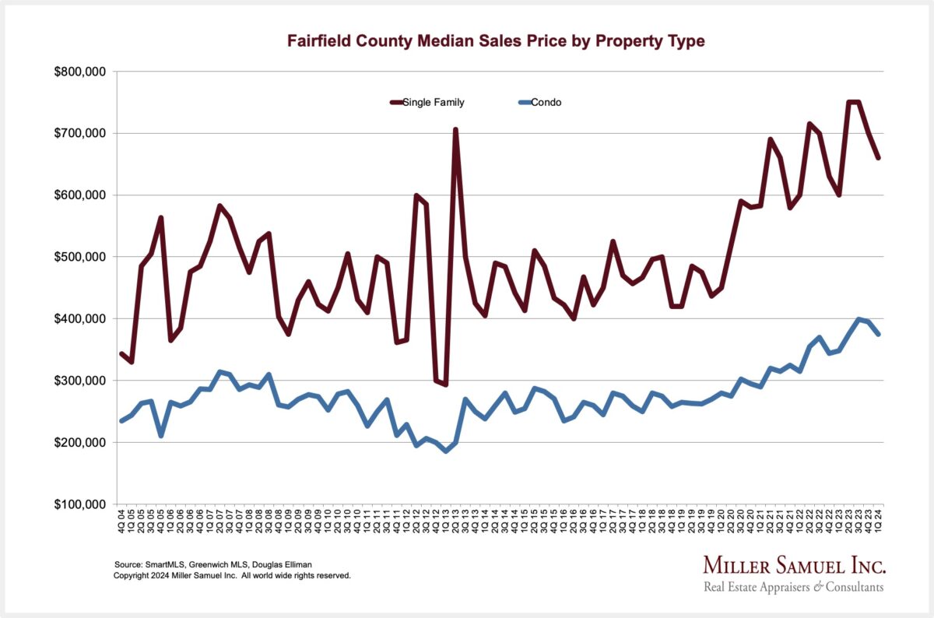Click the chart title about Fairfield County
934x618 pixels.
point(496,41)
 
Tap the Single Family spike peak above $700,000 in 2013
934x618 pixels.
point(455,130)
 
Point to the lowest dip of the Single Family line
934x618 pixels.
point(445,384)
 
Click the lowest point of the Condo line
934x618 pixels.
point(445,451)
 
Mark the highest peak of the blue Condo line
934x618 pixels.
point(859,319)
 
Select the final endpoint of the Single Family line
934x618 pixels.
point(878,158)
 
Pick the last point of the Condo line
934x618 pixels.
point(878,334)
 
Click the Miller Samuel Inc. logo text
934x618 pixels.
point(794,564)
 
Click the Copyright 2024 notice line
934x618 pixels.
point(232,576)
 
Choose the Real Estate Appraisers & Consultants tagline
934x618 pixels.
point(794,587)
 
